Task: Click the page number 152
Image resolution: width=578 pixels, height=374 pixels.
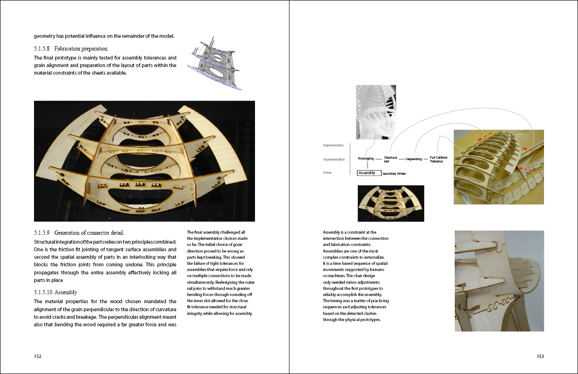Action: [38, 357]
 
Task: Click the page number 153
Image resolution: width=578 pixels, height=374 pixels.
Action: [540, 357]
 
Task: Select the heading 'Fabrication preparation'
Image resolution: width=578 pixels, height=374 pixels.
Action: [81, 49]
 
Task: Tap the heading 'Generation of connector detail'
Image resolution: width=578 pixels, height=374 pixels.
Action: [89, 232]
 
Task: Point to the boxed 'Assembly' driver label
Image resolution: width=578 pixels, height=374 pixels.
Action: [369, 173]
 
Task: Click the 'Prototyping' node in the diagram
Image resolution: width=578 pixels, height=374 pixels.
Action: [366, 159]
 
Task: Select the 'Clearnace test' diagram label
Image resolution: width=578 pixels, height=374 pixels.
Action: [391, 159]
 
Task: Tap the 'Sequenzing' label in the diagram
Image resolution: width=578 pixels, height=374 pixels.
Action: [414, 159]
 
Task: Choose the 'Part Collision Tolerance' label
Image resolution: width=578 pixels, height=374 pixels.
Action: [439, 159]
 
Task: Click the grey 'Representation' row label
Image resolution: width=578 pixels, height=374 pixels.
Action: [333, 145]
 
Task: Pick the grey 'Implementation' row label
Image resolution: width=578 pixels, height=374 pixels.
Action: [334, 159]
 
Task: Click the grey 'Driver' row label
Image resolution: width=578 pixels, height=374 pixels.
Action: [327, 173]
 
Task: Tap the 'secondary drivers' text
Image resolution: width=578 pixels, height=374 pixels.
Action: [394, 174]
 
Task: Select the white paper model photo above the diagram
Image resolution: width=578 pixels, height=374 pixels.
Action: [376, 112]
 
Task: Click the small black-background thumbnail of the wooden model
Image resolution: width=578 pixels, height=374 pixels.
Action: [391, 203]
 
